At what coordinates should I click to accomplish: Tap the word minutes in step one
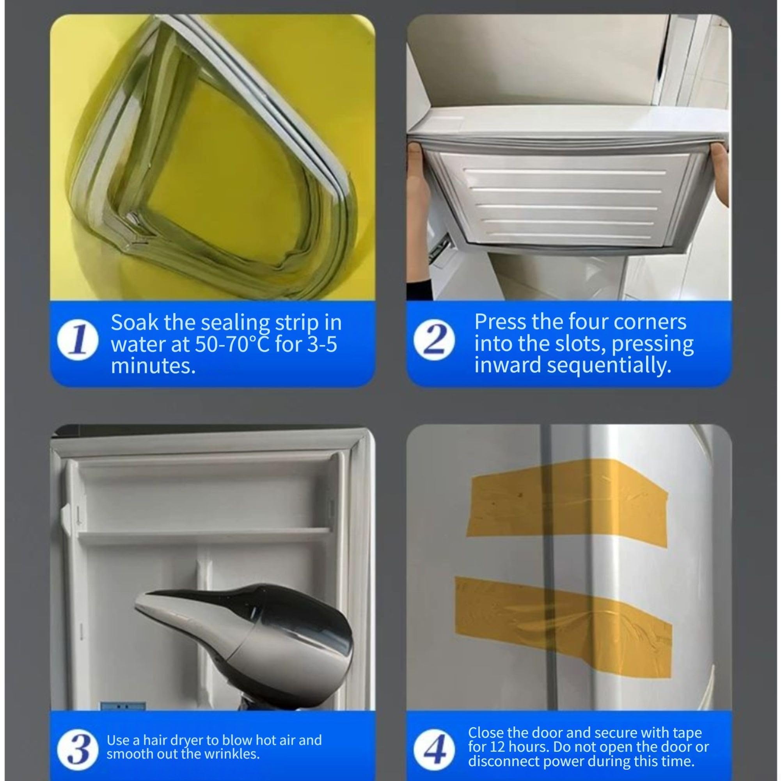[x=153, y=366]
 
